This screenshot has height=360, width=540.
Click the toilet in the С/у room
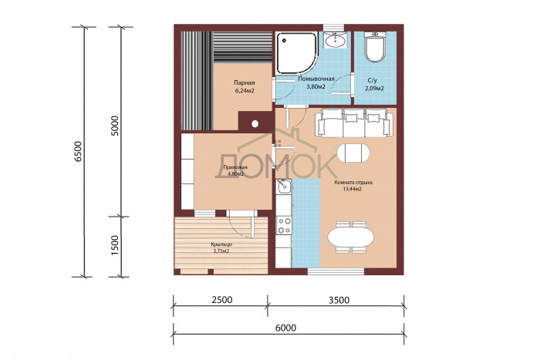point(375,47)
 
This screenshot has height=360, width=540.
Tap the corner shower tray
point(297,52)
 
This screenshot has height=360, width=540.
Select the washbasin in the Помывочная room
point(335,40)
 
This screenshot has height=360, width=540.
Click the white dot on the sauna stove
point(255,124)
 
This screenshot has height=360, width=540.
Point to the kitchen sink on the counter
point(283,187)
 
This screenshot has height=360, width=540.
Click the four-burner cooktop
point(284,225)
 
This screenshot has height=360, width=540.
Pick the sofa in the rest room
point(355,123)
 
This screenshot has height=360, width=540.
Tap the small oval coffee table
point(353,153)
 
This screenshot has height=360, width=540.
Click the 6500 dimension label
point(79,151)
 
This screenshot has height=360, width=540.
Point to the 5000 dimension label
point(115,126)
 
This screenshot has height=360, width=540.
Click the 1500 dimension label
point(115,245)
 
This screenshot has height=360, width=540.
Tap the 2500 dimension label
point(222,300)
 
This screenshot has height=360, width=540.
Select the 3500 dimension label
point(339,300)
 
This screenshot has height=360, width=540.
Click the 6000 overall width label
point(286,328)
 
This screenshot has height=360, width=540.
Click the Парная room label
point(245,82)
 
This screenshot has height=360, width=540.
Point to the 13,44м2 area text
point(353,189)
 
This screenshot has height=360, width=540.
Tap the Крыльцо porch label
point(221,244)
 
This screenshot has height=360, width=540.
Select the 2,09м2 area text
point(375,89)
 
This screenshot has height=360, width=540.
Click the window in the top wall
point(333,28)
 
